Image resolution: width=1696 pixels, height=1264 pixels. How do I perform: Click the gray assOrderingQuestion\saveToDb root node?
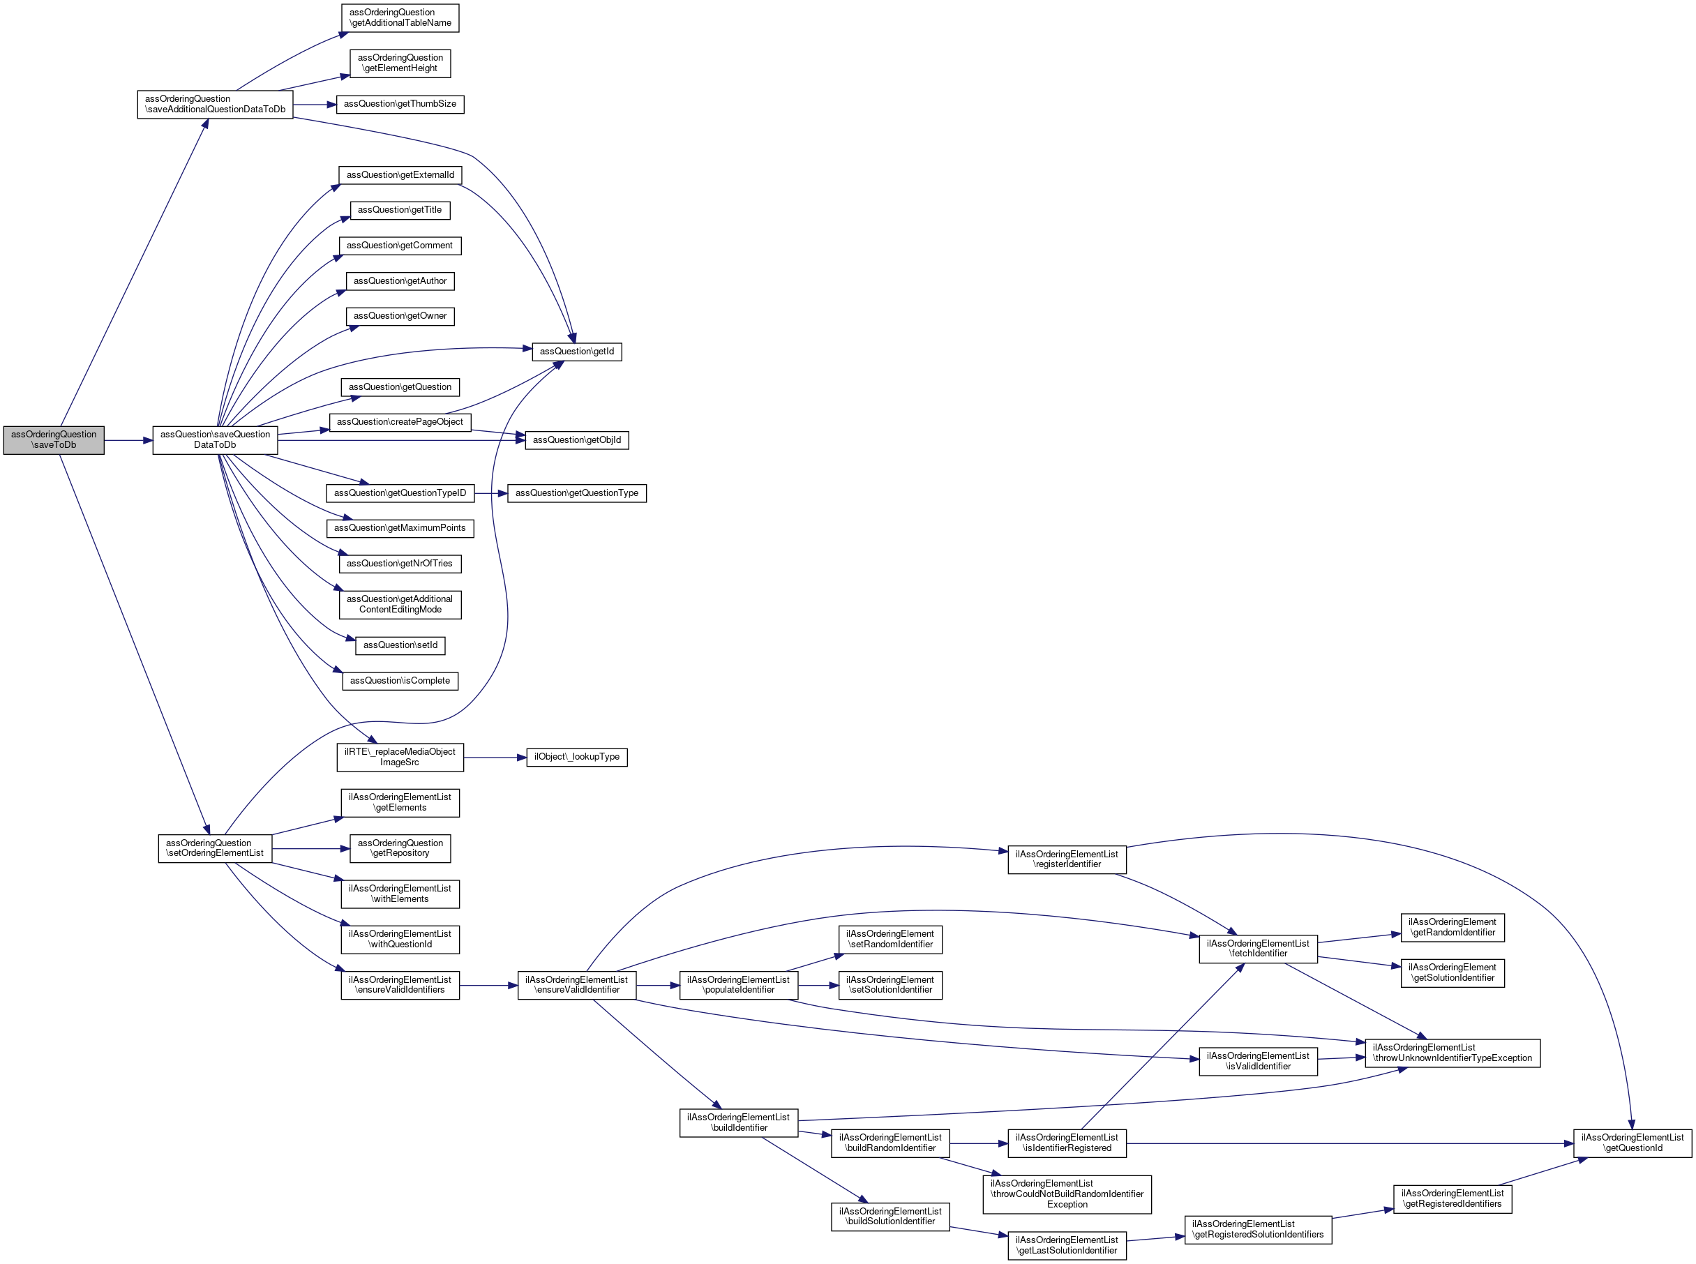(x=54, y=440)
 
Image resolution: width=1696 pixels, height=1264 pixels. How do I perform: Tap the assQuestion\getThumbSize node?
(x=399, y=104)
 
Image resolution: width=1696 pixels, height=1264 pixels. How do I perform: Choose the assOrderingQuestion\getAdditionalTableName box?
(x=399, y=17)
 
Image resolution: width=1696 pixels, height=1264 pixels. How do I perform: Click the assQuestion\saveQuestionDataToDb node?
(x=215, y=440)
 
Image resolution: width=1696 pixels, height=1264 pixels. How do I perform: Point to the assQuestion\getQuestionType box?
(x=576, y=493)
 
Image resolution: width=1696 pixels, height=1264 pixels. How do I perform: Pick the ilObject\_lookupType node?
(x=576, y=758)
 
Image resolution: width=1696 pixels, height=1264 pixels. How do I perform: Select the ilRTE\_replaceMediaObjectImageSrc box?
(x=399, y=758)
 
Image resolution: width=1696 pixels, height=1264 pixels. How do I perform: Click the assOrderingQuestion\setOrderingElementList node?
(x=215, y=848)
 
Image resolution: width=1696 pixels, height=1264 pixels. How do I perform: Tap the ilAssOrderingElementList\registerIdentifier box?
(x=1067, y=859)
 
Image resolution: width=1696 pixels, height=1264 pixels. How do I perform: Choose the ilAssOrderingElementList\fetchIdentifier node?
(x=1258, y=949)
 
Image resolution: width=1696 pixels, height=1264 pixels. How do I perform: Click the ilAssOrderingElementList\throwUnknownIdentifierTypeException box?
(x=1452, y=1053)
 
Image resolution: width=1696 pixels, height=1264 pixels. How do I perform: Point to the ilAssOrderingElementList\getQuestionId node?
(x=1632, y=1143)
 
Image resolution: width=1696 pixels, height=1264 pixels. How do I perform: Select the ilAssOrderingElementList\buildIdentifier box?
(x=738, y=1122)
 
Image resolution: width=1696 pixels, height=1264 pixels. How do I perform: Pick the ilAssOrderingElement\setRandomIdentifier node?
(x=890, y=940)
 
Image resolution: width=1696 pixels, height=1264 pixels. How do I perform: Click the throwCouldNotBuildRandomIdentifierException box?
(x=1067, y=1194)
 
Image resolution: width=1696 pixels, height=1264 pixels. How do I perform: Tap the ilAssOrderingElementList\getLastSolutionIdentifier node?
(x=1067, y=1246)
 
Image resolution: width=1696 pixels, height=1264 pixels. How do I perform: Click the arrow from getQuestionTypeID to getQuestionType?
(x=490, y=493)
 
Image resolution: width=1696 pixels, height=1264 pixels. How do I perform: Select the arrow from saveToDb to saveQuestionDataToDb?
(x=128, y=441)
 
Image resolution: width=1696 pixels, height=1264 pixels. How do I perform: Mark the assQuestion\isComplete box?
(x=399, y=681)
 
